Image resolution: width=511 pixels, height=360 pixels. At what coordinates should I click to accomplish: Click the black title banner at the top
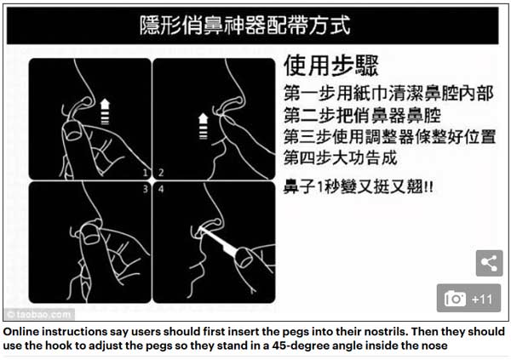[255, 24]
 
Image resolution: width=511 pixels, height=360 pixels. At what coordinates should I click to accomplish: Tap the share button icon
[488, 263]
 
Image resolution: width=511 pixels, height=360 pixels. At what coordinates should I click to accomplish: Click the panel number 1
[145, 173]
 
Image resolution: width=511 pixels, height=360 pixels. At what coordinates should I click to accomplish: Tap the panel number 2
[159, 173]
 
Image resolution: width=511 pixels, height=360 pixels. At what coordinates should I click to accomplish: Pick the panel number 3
[145, 190]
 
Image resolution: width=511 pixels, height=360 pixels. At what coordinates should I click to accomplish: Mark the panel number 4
[159, 190]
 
